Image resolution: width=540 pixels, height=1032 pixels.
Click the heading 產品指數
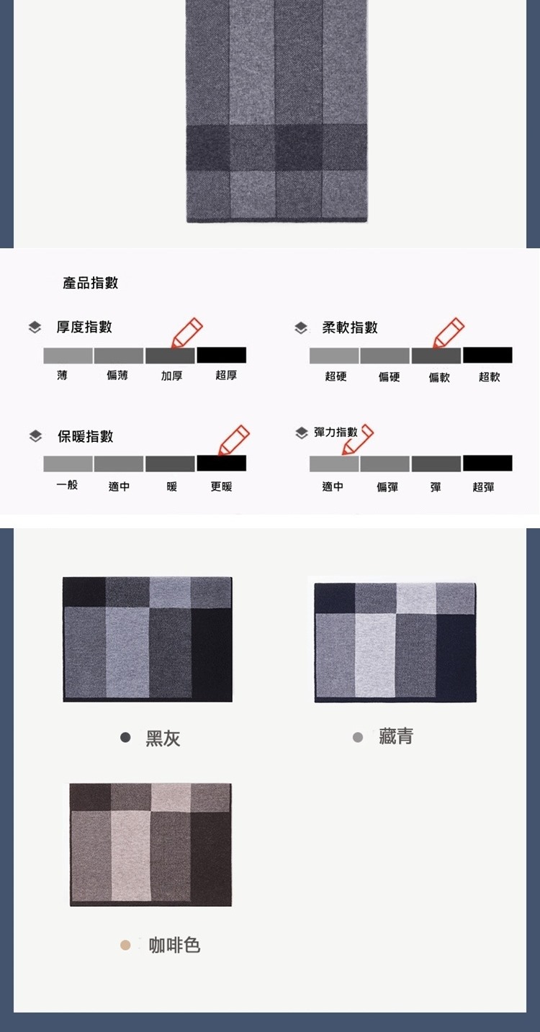point(90,282)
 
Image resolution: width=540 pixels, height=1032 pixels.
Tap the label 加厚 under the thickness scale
point(171,376)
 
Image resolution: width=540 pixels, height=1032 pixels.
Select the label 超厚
point(226,376)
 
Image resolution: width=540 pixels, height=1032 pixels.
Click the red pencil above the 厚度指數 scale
point(186,332)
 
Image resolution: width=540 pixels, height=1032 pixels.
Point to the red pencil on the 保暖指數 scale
point(233,440)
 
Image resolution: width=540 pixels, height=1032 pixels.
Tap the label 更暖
point(221,486)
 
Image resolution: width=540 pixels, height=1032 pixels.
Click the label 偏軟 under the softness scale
point(439,377)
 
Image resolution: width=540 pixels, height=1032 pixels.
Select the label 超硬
point(336,376)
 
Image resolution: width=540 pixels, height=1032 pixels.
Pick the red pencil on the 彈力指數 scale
point(358,440)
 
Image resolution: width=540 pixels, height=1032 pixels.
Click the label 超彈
point(483,487)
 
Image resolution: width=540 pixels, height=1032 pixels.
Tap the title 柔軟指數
point(350,327)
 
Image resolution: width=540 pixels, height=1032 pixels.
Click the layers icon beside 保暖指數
point(35,436)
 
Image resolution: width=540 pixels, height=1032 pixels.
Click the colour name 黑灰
point(163,738)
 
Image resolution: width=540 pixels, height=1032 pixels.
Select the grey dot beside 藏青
point(358,738)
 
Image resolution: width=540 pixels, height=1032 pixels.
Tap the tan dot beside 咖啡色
point(125,946)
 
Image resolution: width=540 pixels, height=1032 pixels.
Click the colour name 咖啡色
point(174,946)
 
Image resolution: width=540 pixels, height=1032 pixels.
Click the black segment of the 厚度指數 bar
point(222,356)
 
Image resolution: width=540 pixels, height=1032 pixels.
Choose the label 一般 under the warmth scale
point(67,484)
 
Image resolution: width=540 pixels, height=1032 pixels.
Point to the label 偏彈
point(387,487)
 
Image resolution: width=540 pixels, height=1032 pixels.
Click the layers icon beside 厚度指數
point(35,327)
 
